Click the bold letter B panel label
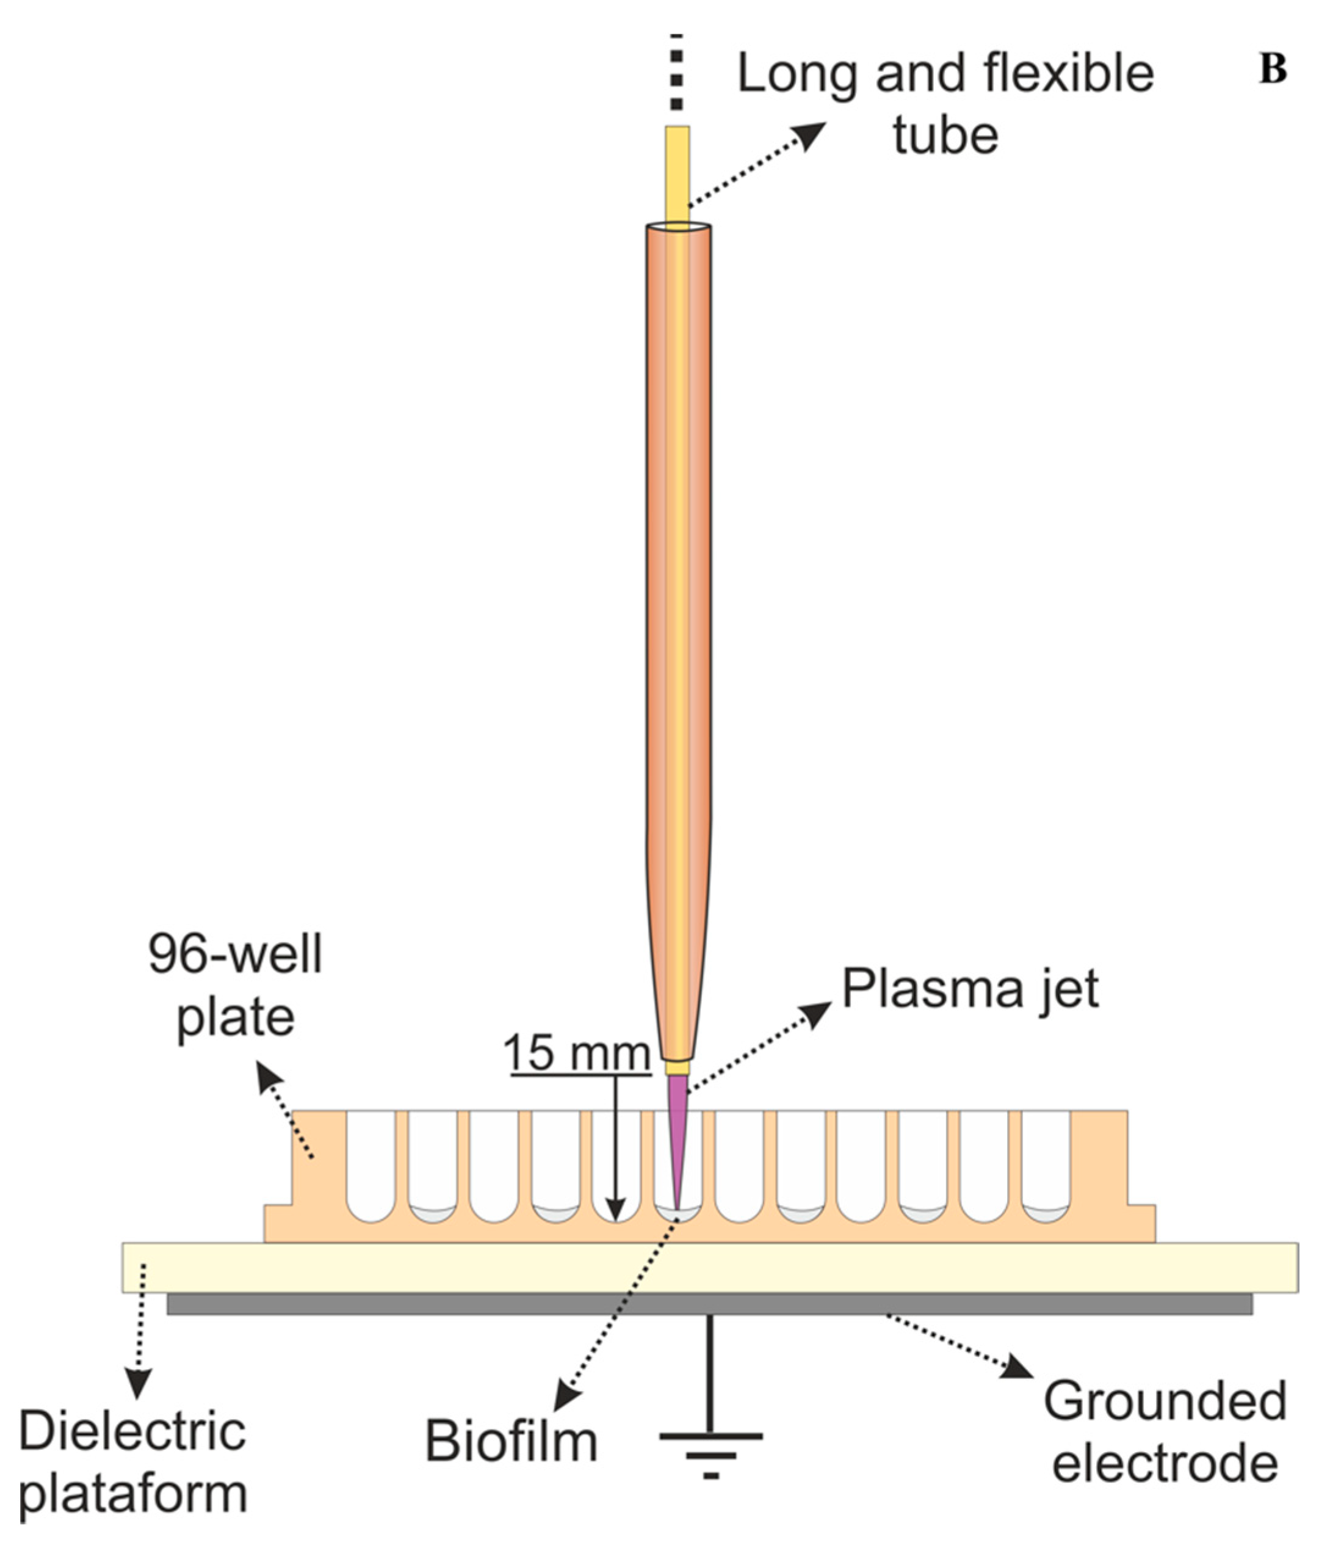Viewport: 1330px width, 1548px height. click(x=1273, y=70)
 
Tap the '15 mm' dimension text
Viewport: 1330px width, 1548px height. click(x=577, y=1053)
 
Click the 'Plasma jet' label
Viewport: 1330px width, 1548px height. click(x=970, y=990)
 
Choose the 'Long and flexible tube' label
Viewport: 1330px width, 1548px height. click(x=945, y=104)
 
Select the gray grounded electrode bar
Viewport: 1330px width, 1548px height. click(x=709, y=1304)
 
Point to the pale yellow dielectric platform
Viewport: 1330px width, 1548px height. click(x=709, y=1267)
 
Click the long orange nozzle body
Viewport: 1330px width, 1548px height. click(x=678, y=598)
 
